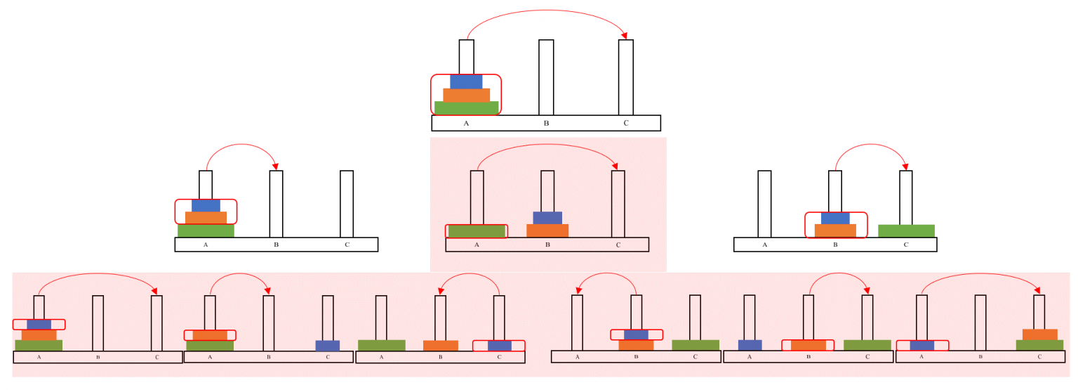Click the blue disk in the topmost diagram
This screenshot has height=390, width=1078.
tap(466, 82)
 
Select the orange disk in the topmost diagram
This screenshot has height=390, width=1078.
tap(466, 95)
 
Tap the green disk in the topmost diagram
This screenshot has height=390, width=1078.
tap(466, 108)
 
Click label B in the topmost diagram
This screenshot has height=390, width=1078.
tap(546, 124)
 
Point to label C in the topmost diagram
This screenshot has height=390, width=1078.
tap(626, 124)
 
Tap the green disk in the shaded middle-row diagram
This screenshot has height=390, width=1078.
tap(477, 231)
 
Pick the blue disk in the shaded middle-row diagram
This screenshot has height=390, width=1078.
tap(547, 218)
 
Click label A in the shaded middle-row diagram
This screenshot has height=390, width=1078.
tap(477, 245)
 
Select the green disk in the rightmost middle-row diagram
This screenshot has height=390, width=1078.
tap(906, 231)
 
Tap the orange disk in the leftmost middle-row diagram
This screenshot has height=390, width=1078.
tap(206, 218)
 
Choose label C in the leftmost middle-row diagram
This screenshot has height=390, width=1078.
tap(347, 245)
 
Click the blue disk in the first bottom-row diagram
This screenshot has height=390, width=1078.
tap(39, 324)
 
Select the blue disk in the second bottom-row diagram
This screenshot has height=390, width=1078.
tap(327, 346)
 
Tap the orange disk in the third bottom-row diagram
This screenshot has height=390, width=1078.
tap(440, 346)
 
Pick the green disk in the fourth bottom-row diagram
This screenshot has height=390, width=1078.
tap(695, 345)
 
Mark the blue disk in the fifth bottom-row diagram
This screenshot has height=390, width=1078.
tap(750, 345)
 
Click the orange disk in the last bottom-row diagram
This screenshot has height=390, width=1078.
tap(1039, 334)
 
